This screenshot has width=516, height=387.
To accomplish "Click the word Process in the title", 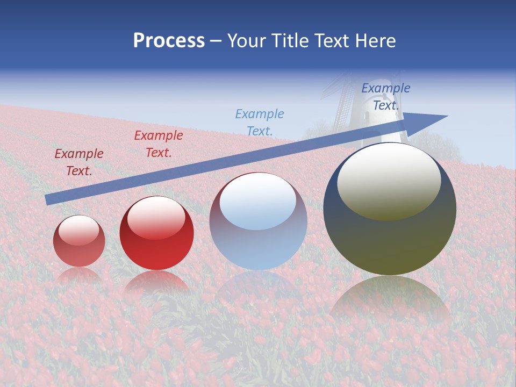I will pos(169,41).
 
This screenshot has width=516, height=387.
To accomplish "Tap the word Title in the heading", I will pos(290,41).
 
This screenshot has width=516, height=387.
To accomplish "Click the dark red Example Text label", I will pos(79,162).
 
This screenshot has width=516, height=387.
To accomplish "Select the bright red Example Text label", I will pos(159,144).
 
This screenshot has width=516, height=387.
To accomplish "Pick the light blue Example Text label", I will pos(260,123).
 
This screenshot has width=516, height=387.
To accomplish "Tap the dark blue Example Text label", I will pos(385,97).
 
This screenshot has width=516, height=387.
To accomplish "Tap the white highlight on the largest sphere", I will pos(389,180).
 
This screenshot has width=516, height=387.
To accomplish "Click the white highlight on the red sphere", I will pos(156,218).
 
